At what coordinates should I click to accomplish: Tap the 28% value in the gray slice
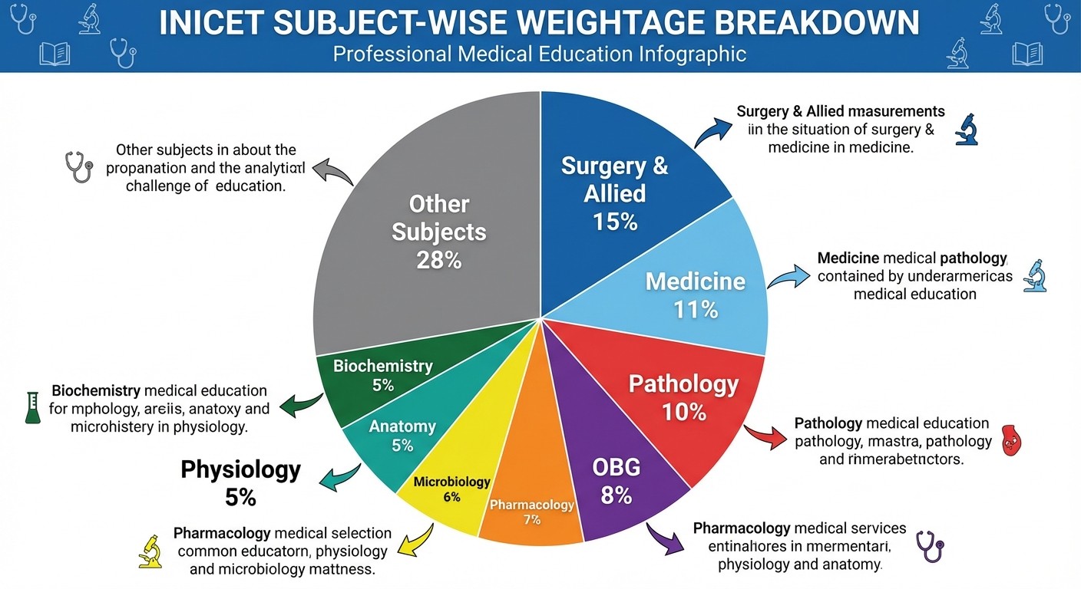pyautogui.click(x=438, y=260)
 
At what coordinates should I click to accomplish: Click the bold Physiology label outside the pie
pyautogui.click(x=240, y=469)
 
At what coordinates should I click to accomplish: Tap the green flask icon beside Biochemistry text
pyautogui.click(x=31, y=407)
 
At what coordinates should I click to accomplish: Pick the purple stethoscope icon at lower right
pyautogui.click(x=930, y=547)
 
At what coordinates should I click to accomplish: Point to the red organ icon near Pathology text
pyautogui.click(x=1013, y=443)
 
